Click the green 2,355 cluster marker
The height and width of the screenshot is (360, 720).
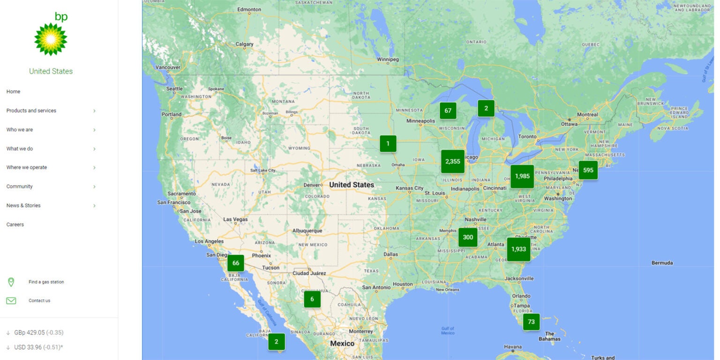[452, 161]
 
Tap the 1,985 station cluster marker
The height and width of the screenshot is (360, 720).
[522, 176]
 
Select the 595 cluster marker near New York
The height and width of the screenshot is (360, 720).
[588, 170]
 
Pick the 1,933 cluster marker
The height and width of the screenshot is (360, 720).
[518, 249]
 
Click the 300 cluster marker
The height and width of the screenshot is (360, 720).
[468, 237]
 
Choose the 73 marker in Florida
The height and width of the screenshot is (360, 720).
[531, 322]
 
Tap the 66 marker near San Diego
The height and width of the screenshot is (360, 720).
[235, 263]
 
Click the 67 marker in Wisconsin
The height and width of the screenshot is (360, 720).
[448, 111]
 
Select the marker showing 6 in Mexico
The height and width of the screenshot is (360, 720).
[312, 299]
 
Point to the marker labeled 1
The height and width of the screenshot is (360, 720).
[388, 143]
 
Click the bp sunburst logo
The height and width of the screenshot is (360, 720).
[51, 38]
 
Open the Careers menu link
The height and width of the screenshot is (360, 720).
[15, 225]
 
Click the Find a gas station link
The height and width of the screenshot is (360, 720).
[46, 282]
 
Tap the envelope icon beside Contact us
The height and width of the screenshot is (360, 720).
[11, 300]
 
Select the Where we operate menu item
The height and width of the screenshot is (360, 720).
[27, 167]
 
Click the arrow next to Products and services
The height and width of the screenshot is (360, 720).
[94, 111]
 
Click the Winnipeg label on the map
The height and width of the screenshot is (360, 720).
[388, 60]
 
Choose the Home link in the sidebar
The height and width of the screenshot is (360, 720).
[13, 92]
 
